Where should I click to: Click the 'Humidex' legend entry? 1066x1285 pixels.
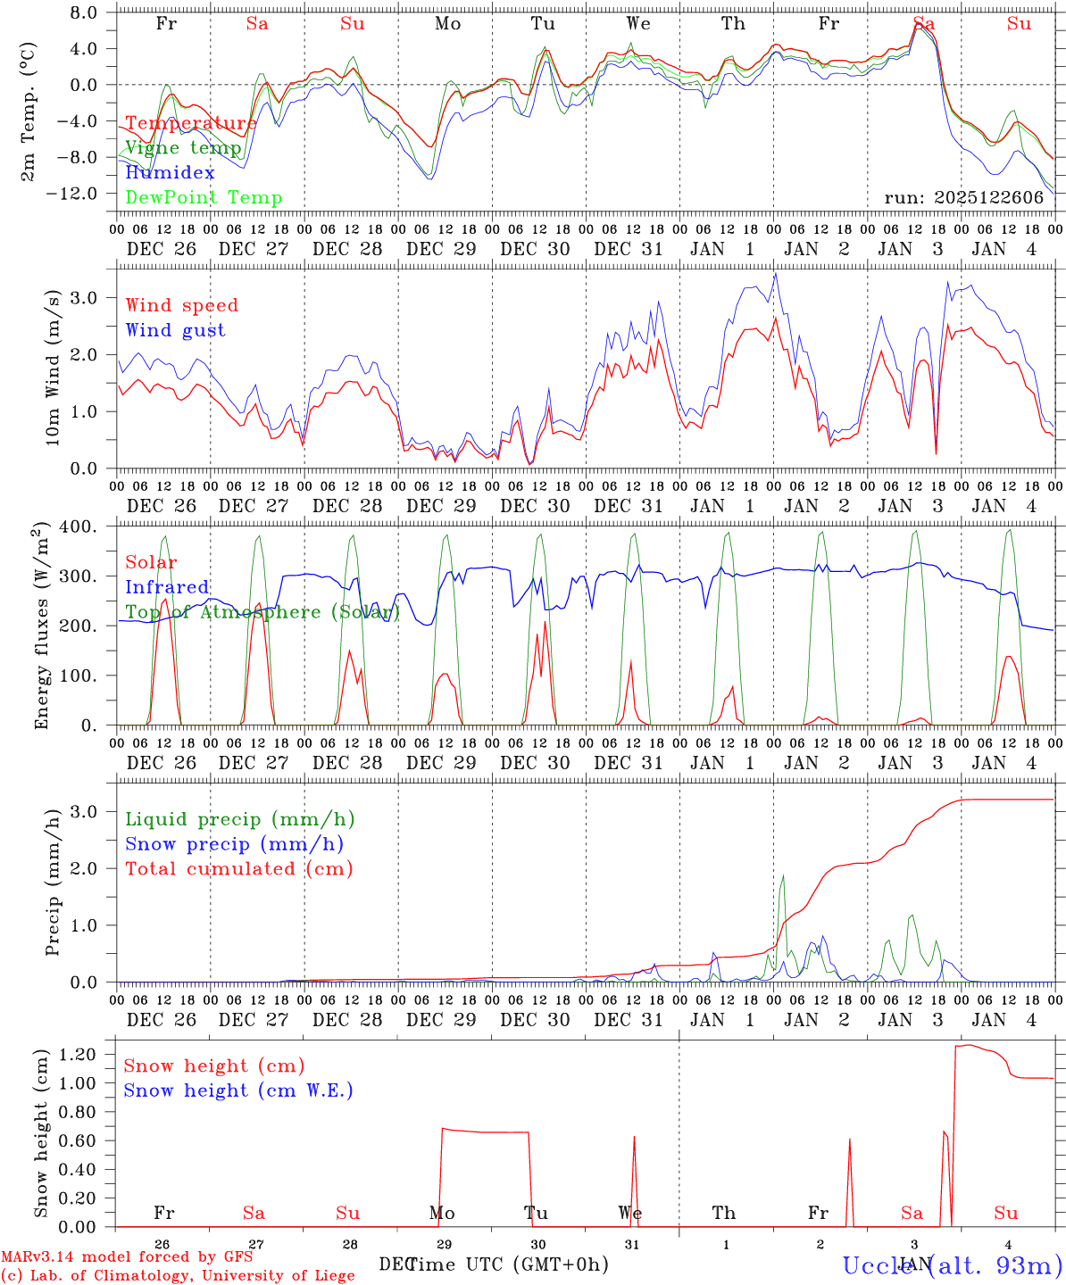coord(170,172)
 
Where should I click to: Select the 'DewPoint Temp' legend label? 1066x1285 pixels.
coord(204,197)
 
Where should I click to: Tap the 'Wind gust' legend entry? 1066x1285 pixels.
coord(175,330)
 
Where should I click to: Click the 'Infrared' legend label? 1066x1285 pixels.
coord(167,586)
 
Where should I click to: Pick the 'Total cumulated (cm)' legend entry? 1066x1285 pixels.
coord(238,868)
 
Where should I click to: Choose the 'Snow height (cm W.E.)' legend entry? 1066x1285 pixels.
coord(237,1090)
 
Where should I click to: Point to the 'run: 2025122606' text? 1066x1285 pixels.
coord(963,197)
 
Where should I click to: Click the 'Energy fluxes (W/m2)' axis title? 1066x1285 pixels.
coord(40,627)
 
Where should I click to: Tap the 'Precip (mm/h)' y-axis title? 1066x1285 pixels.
coord(53,882)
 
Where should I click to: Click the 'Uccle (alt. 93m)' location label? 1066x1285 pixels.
coord(952,1264)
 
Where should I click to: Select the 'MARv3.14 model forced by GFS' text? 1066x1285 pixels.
coord(127,1256)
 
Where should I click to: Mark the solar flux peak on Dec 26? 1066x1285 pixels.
coord(164,600)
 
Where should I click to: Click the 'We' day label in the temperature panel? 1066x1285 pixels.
coord(638,24)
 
